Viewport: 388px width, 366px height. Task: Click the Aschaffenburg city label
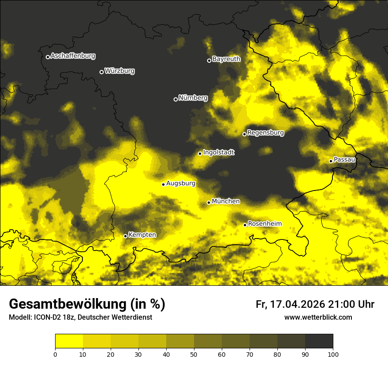73,56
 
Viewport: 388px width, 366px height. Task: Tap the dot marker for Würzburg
101,72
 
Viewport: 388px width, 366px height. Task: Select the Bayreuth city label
226,59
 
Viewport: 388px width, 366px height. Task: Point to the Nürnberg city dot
175,99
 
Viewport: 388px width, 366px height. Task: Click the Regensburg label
265,132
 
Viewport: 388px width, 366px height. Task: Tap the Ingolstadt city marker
200,153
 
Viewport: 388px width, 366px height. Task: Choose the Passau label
344,159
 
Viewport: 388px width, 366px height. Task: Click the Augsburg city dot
163,184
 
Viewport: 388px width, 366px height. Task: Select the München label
226,201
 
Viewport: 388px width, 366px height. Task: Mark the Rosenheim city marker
245,225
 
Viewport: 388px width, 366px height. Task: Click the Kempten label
142,235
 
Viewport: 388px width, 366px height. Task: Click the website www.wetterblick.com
318,317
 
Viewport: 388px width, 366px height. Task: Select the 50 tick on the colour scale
194,354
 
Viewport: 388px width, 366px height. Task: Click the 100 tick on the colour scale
333,354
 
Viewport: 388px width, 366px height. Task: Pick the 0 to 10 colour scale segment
69,341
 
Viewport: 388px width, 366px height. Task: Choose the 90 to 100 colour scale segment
319,341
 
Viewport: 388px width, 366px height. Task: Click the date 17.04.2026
298,304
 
